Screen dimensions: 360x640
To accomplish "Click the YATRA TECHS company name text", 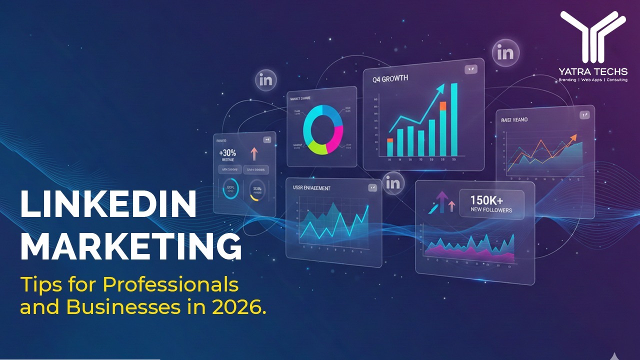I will point(593,72).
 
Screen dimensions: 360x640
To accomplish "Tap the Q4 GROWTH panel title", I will point(390,78).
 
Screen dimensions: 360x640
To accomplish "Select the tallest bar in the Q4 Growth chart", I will point(454,119).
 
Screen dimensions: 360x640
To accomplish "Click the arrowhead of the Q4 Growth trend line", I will point(440,88).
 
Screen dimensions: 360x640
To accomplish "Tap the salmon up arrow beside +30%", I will point(253,153).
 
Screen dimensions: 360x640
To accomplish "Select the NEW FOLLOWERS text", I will point(491,210).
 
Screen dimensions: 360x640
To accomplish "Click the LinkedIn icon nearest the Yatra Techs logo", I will point(505,53).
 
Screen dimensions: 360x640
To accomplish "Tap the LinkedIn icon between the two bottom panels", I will point(393,183).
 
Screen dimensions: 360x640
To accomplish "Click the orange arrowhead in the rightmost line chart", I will point(573,137).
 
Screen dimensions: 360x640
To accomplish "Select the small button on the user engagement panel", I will point(372,187).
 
